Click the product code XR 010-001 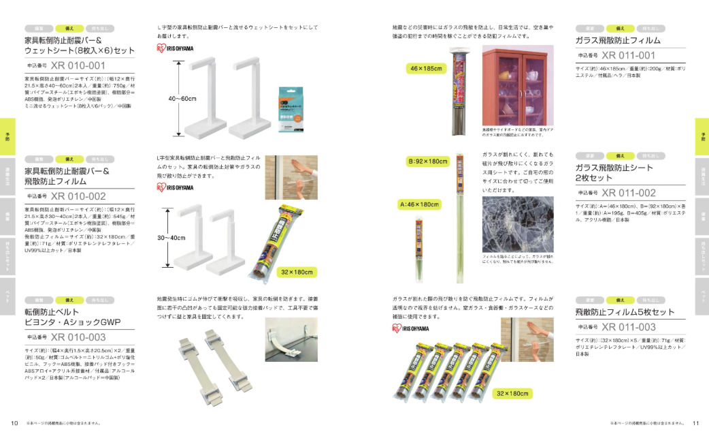click(78, 66)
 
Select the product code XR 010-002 click(78, 196)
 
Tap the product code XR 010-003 click(78, 337)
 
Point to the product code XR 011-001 click(628, 55)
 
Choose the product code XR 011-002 click(628, 193)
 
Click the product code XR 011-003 click(628, 327)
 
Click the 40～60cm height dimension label click(182, 99)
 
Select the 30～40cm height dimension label click(182, 237)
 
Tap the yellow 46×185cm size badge click(427, 69)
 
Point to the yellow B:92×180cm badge click(428, 161)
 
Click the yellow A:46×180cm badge click(418, 204)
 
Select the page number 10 click(14, 422)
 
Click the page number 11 click(695, 422)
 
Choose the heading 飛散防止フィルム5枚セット click(625, 312)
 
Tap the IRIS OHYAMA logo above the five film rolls click(411, 328)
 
